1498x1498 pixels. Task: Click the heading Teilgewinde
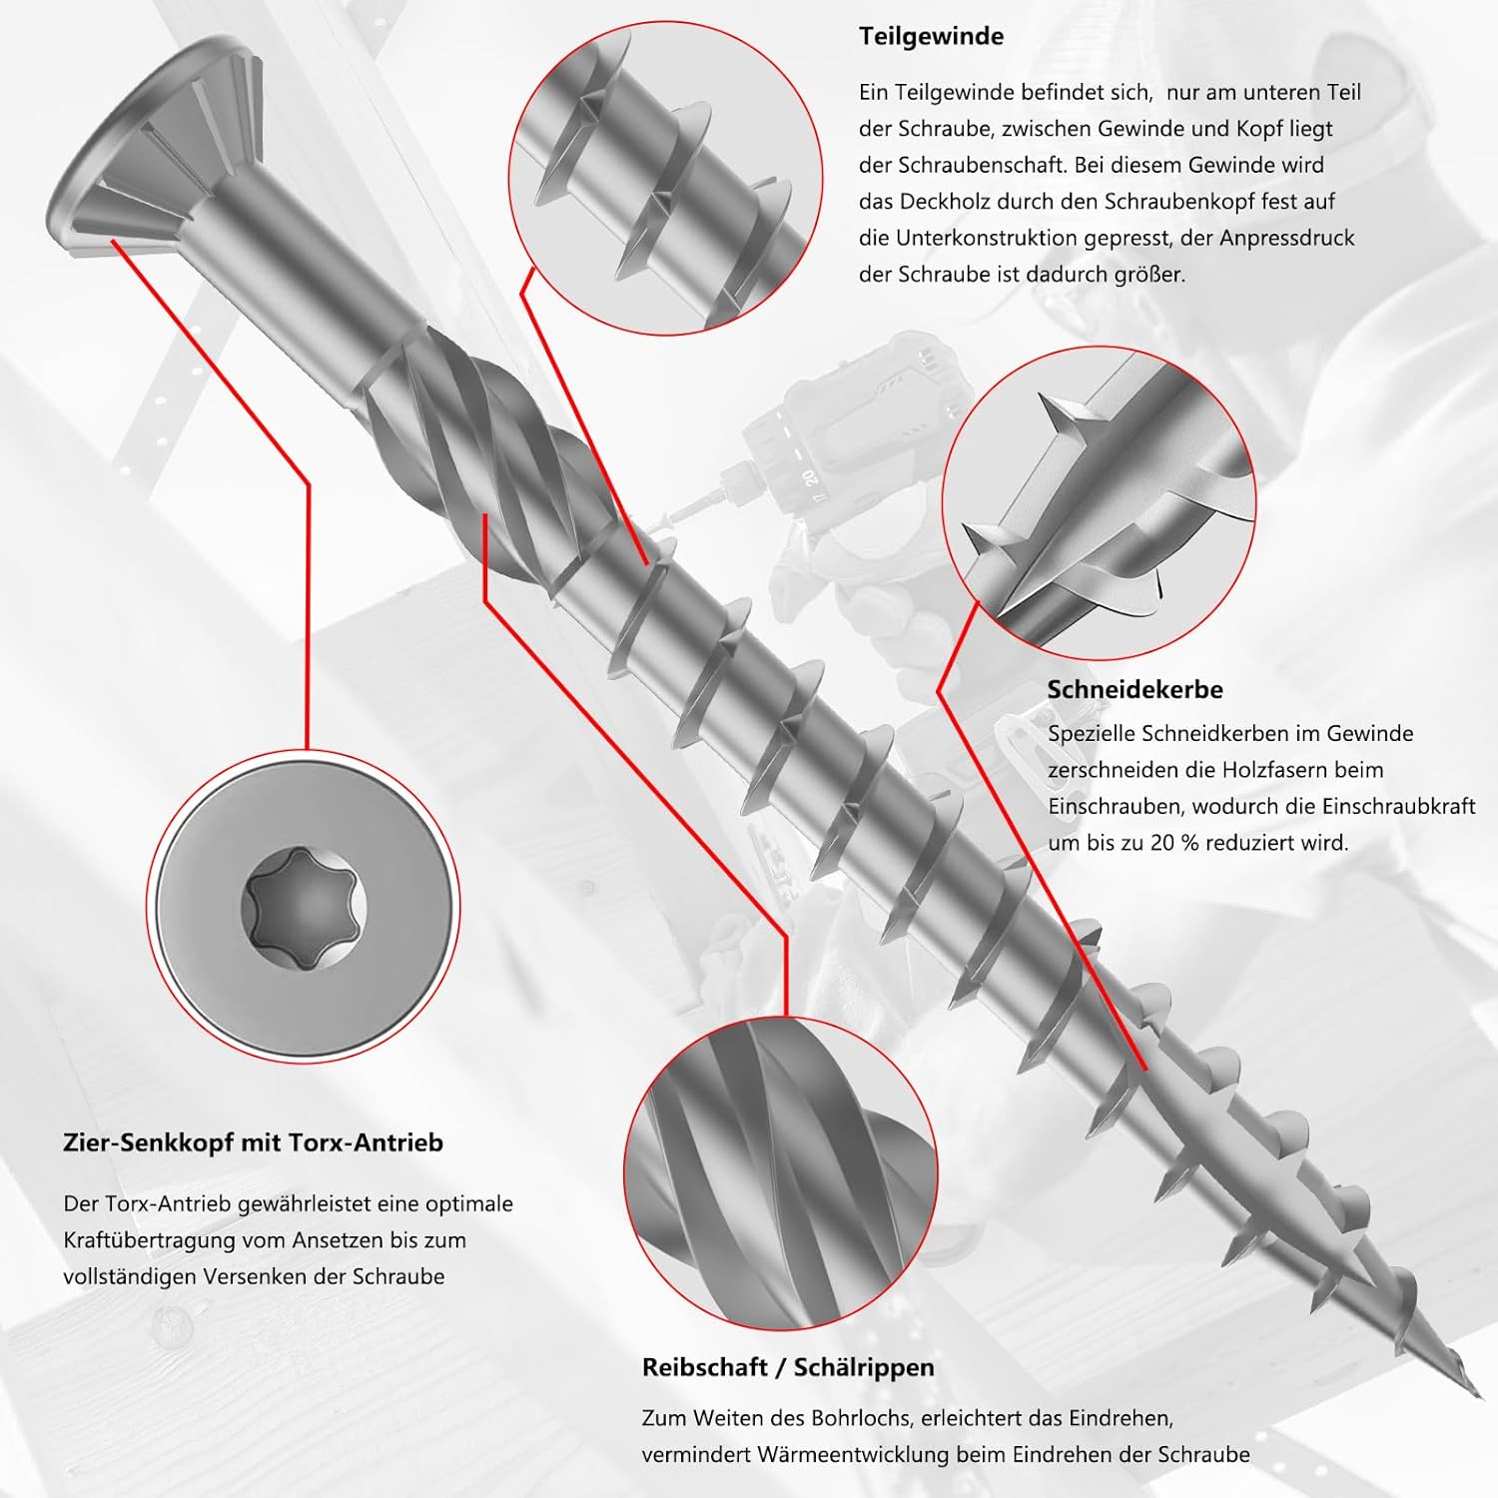click(x=931, y=37)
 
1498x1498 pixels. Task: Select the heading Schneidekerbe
click(x=1134, y=689)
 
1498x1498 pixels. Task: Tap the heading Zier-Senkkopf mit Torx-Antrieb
click(x=253, y=1142)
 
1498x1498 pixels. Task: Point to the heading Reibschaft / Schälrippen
click(x=788, y=1367)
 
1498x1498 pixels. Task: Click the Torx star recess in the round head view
click(x=306, y=907)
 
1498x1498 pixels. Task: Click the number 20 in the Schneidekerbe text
click(x=1161, y=842)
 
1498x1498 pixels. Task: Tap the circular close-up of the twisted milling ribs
click(x=780, y=1174)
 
